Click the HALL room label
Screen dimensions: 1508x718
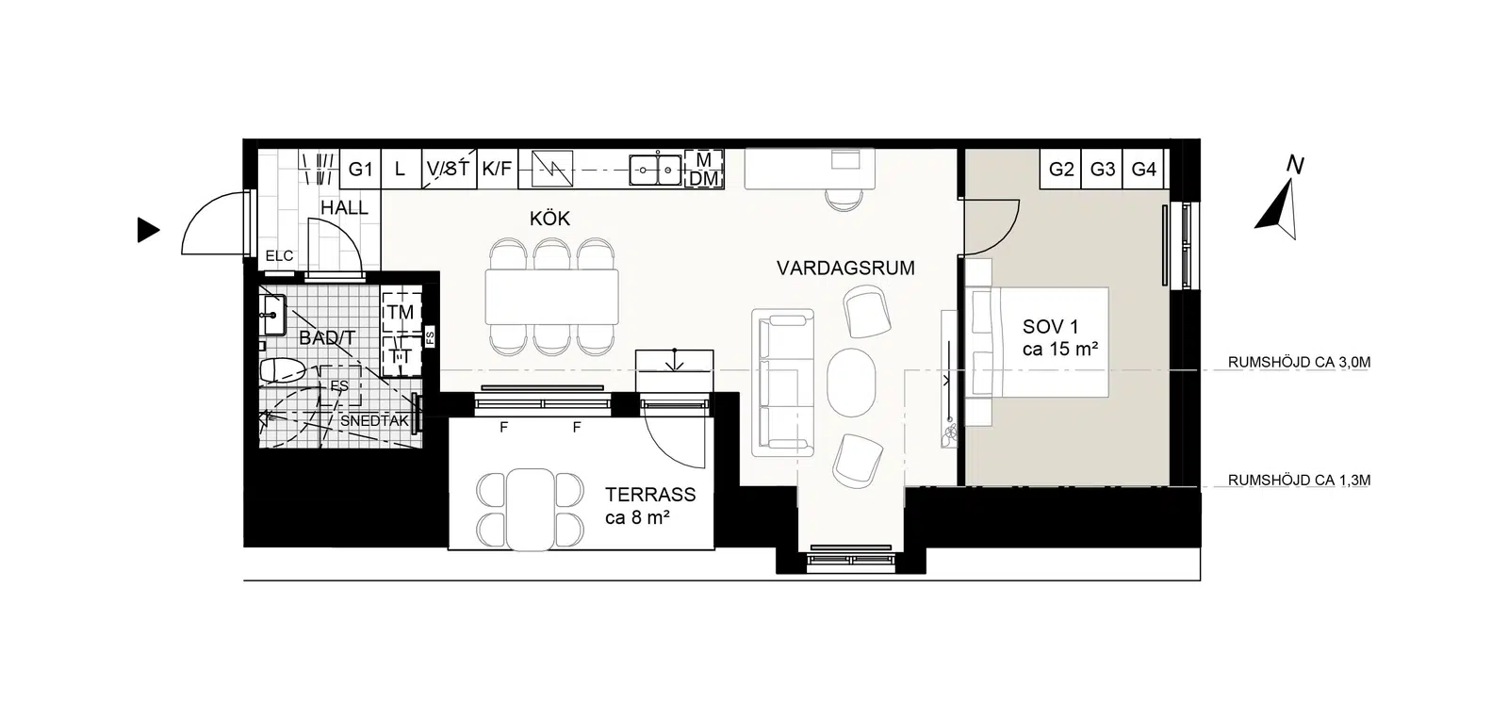pos(344,208)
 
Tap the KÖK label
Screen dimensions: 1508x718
pos(550,218)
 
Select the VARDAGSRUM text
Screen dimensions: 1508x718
pos(845,269)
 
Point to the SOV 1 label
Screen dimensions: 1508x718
pos(1050,327)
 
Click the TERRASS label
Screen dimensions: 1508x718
pos(650,495)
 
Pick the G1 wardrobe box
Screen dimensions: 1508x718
pos(360,169)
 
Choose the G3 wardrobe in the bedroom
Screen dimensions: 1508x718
pos(1102,169)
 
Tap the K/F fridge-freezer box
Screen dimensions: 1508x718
pos(497,169)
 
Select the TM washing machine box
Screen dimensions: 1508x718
pos(402,312)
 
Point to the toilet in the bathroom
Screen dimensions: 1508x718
pos(283,370)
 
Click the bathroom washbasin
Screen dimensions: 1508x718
pos(273,315)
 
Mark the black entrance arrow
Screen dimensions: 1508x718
pos(148,230)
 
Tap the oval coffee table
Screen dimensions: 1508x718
pos(852,383)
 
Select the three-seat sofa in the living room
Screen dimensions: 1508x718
pos(783,383)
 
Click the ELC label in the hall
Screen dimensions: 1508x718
pos(279,255)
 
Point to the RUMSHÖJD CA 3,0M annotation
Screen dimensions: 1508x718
pos(1300,362)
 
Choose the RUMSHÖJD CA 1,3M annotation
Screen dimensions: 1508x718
pos(1300,480)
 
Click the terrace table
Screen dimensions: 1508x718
pos(531,510)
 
